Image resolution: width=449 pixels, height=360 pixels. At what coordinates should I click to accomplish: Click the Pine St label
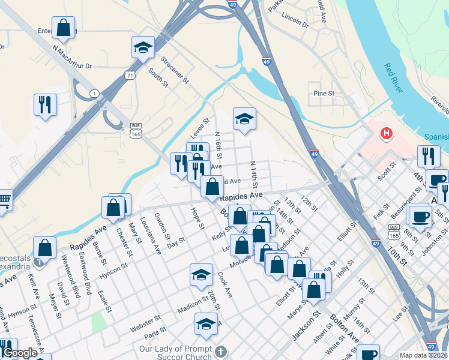pyautogui.click(x=324, y=94)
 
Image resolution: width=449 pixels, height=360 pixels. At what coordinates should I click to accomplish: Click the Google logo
pyautogui.click(x=19, y=353)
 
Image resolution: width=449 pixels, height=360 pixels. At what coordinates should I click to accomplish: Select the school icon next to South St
pyautogui.click(x=143, y=47)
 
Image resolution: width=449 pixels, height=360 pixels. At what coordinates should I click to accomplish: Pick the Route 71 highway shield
pyautogui.click(x=130, y=75)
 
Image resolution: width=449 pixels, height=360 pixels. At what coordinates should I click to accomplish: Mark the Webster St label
pyautogui.click(x=146, y=323)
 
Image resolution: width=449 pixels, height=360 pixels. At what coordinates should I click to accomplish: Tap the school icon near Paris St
pyautogui.click(x=206, y=324)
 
